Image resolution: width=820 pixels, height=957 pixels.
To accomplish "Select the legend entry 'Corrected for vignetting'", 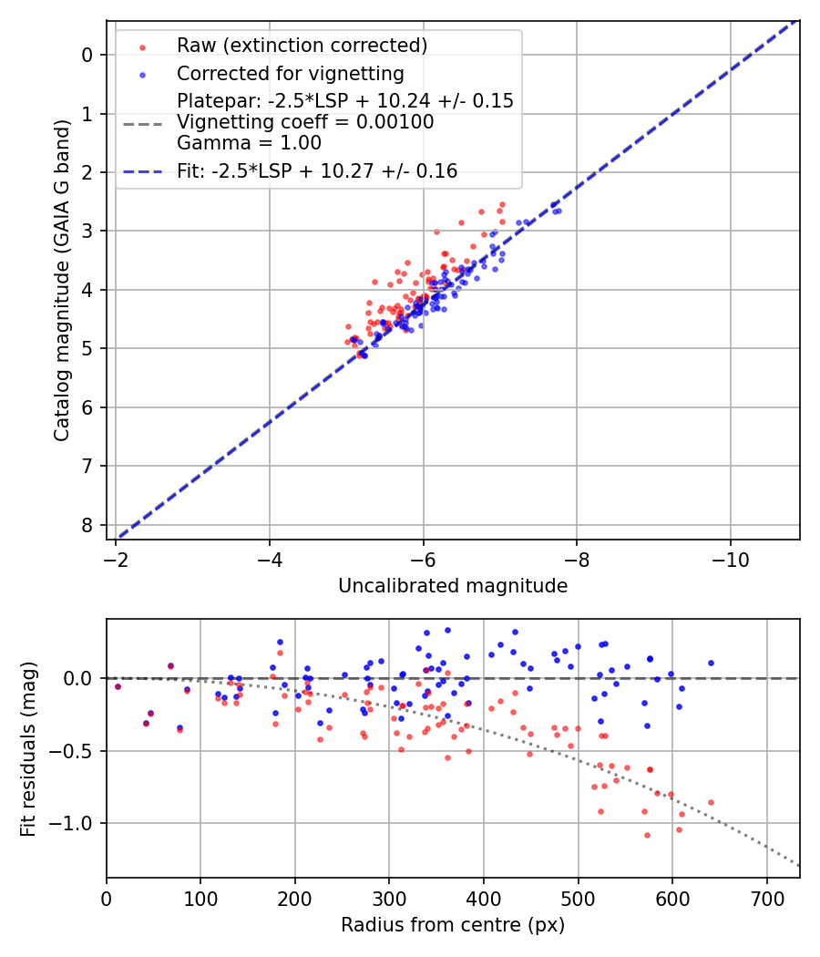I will [291, 73].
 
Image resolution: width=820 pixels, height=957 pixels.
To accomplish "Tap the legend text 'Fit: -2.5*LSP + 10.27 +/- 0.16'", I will [317, 170].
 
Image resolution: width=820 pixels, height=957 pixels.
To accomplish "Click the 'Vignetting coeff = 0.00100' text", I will [305, 121].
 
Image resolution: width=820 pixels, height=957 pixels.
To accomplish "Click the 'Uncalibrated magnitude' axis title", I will [453, 586].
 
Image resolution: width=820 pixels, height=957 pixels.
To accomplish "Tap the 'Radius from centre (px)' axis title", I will [453, 925].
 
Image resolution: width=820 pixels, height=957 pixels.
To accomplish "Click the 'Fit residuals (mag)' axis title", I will [28, 749].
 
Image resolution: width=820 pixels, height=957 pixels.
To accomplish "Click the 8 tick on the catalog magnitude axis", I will [87, 525].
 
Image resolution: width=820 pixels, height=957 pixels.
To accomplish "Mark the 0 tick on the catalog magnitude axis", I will [87, 55].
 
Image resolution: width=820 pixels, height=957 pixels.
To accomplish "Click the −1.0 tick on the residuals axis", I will [76, 823].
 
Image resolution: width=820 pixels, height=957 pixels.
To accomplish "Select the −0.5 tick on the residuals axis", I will [76, 751].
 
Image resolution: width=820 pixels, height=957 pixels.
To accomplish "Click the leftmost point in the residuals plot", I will [118, 686].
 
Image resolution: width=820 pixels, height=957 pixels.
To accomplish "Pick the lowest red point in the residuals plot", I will [647, 835].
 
